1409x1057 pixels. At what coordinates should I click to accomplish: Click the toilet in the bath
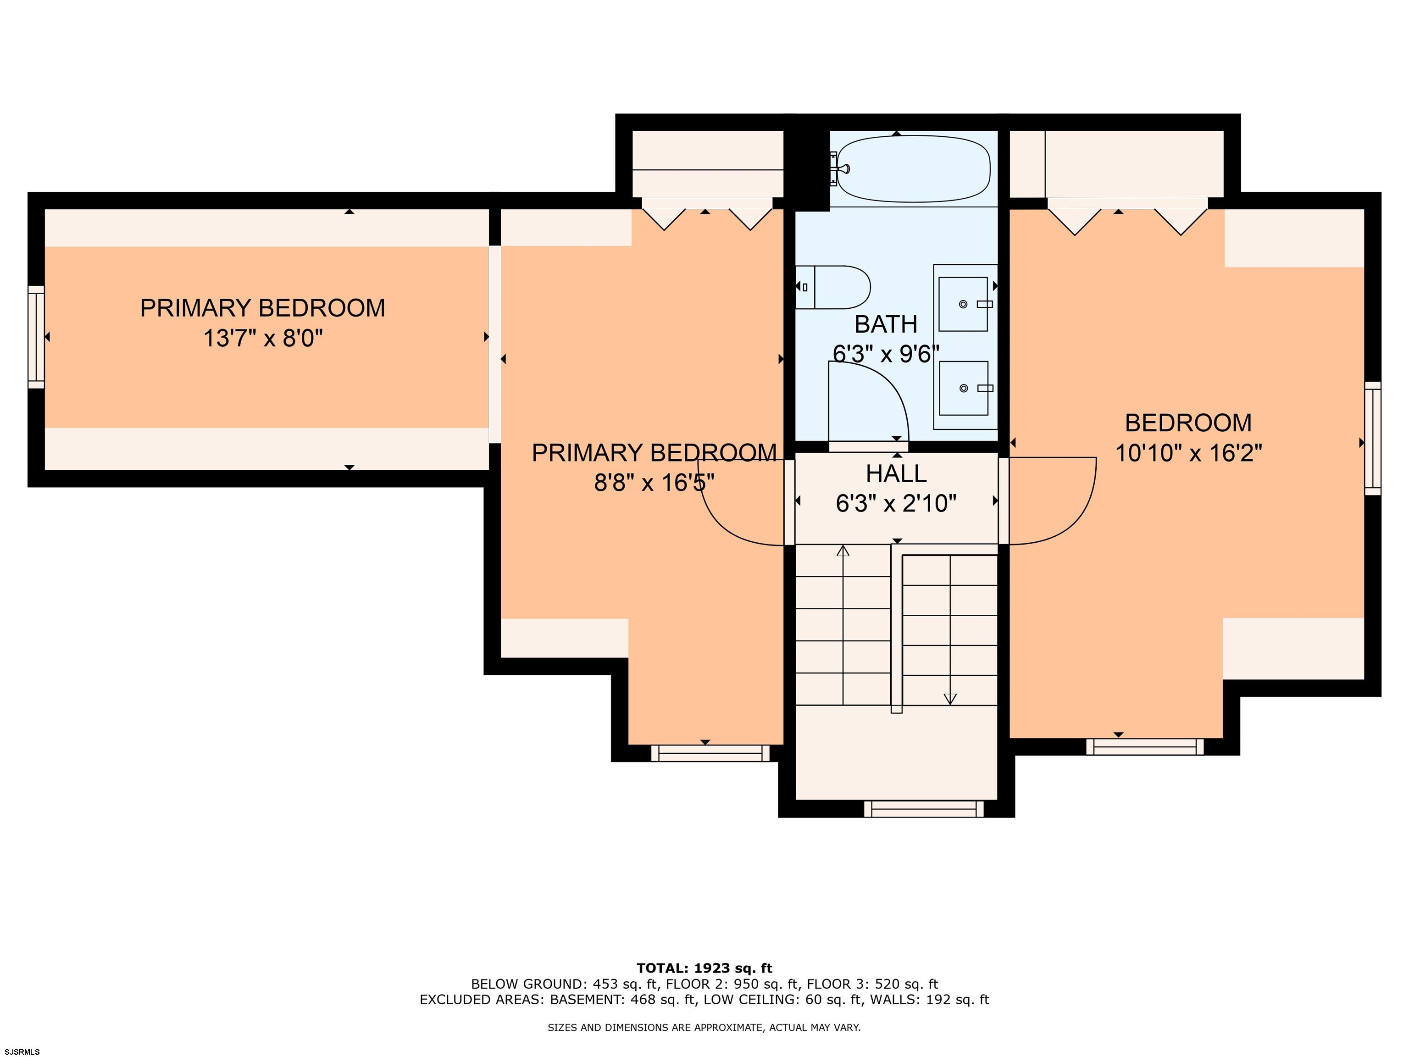pos(832,287)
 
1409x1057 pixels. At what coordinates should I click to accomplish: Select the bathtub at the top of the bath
pos(914,169)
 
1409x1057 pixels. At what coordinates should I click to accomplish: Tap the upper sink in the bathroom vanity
pos(963,304)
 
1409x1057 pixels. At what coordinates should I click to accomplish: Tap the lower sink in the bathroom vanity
pos(963,388)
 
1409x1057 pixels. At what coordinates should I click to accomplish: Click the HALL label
pos(896,473)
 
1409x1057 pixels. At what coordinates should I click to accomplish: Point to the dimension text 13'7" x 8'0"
pos(263,338)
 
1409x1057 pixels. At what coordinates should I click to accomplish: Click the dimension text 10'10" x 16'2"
pos(1188,453)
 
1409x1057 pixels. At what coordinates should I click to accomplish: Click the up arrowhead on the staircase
pos(843,551)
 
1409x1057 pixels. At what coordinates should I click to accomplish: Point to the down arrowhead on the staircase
pos(950,699)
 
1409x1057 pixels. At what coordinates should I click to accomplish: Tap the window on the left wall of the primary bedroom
pos(36,337)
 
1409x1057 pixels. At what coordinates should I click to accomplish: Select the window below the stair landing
pos(924,809)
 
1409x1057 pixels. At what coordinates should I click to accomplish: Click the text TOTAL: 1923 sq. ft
pos(704,968)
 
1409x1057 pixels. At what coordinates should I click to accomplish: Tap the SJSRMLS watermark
pos(22,1052)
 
